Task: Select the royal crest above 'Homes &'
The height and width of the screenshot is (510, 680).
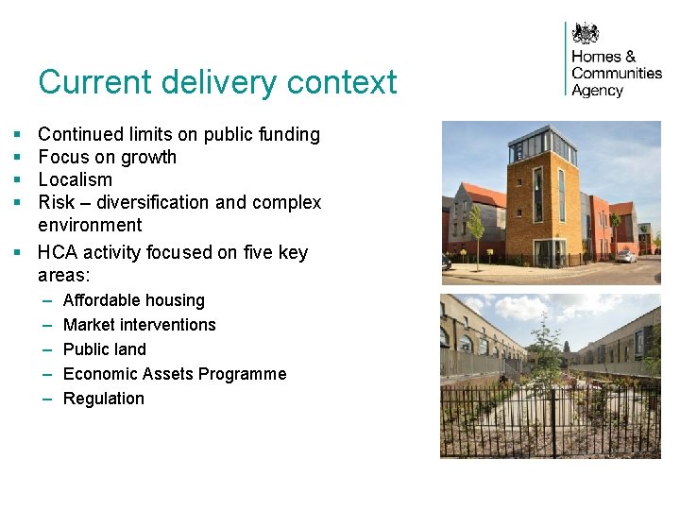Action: pyautogui.click(x=586, y=34)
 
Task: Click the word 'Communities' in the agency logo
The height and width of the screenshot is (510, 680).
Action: pyautogui.click(x=617, y=74)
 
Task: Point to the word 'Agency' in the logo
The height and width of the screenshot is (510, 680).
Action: pyautogui.click(x=597, y=91)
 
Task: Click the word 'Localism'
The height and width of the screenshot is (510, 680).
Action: pyautogui.click(x=75, y=179)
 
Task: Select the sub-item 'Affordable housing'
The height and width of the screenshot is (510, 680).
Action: pyautogui.click(x=133, y=300)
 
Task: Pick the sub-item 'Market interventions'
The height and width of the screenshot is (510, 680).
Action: pyautogui.click(x=139, y=325)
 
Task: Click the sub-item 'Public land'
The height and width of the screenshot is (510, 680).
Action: pyautogui.click(x=104, y=349)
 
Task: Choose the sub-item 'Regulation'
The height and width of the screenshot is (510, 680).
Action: pyautogui.click(x=103, y=399)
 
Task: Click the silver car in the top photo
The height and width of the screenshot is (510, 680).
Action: pyautogui.click(x=625, y=256)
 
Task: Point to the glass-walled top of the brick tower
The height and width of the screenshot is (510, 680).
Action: pyautogui.click(x=542, y=145)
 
